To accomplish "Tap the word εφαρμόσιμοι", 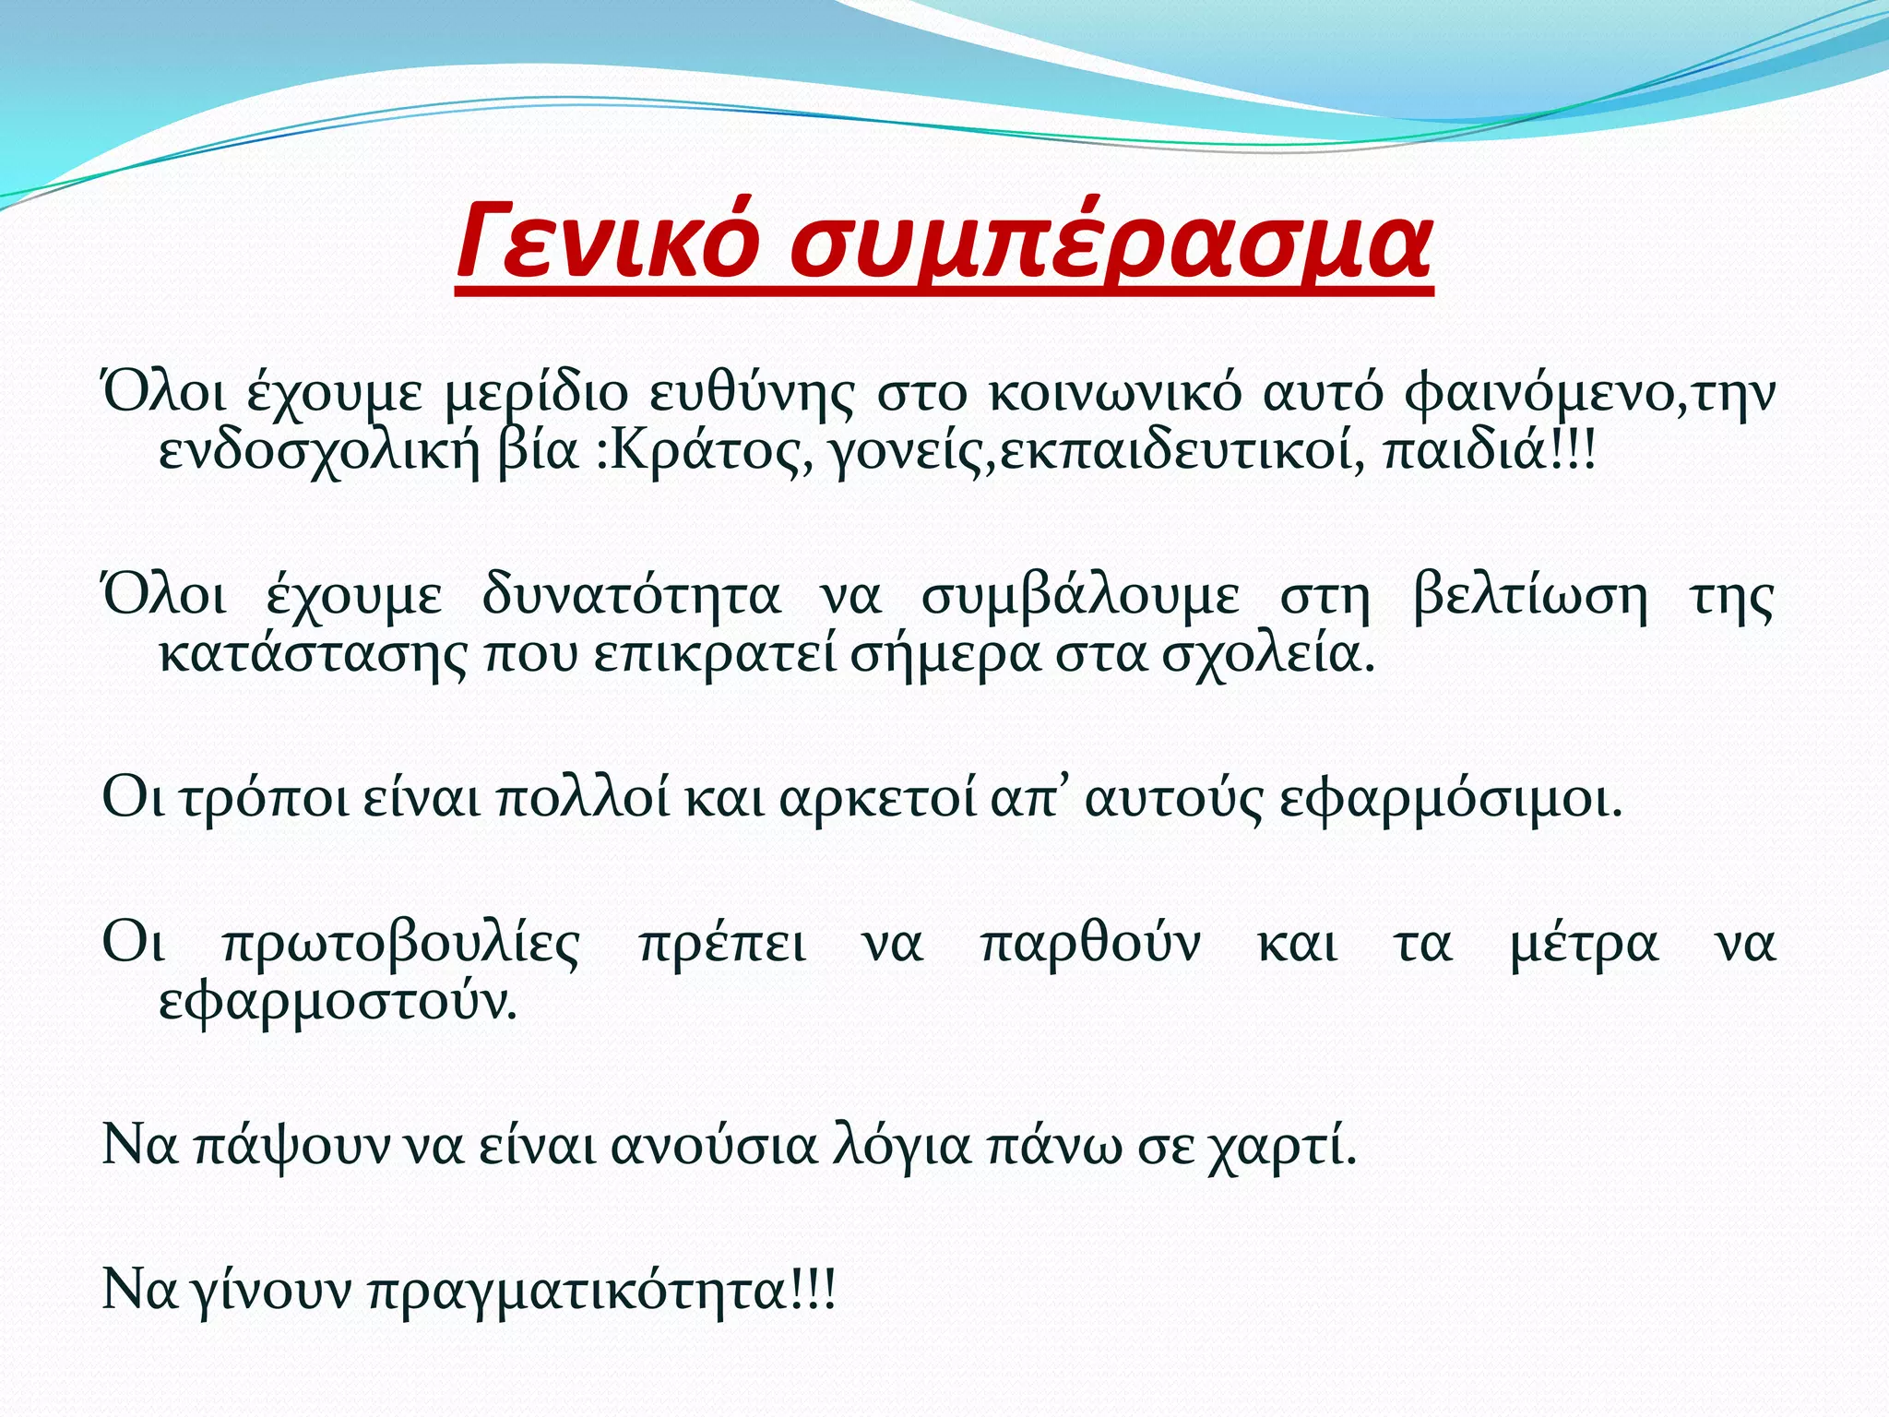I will coord(1448,799).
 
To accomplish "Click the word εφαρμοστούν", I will coord(337,1003).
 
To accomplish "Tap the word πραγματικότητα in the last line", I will coord(590,1292).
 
